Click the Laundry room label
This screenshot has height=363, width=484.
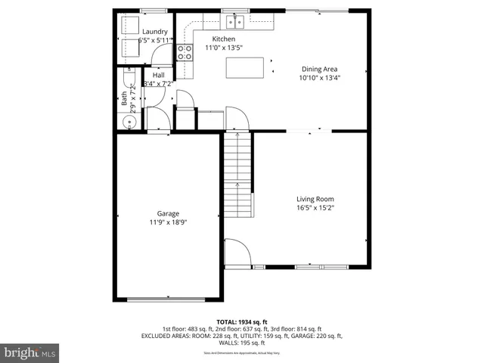154,32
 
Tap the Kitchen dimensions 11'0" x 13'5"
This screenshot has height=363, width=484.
223,48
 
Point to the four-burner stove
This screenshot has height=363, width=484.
184,52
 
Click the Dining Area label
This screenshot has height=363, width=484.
320,69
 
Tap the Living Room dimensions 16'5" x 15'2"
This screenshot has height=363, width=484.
315,207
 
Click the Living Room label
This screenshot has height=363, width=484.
315,199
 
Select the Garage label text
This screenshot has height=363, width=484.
168,213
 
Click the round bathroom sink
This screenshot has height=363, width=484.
124,123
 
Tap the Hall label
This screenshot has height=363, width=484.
158,76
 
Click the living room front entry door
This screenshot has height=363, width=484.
237,253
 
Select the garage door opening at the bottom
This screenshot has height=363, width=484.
168,299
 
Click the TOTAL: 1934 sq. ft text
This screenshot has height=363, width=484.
242,322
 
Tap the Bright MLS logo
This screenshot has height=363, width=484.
30,352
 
